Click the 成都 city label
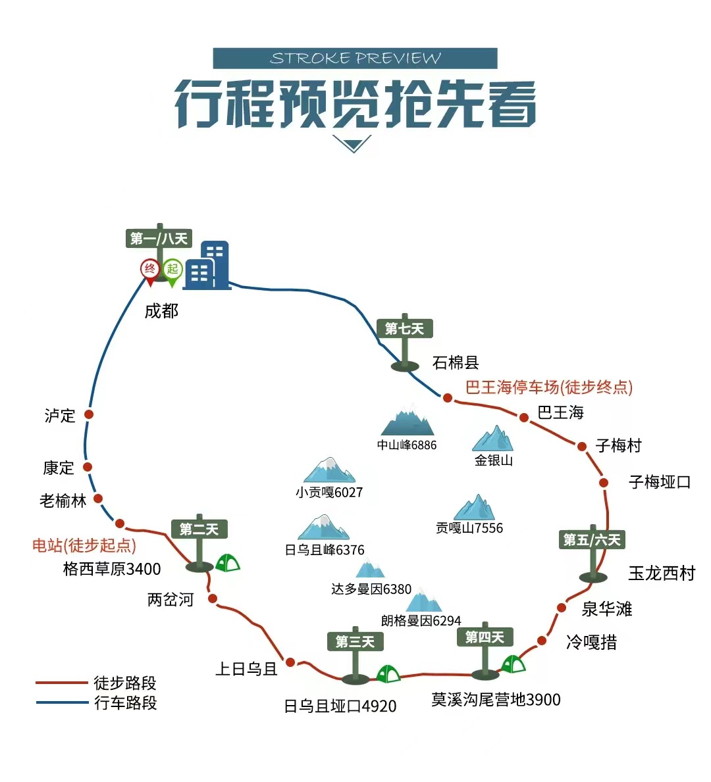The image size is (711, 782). tap(161, 310)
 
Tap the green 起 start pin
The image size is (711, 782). tap(172, 270)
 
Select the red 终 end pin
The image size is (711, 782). tap(150, 270)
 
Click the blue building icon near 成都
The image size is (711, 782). tap(207, 266)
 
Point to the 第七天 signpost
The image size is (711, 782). tap(404, 329)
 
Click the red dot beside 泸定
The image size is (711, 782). tap(89, 414)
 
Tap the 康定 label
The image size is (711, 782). tap(59, 468)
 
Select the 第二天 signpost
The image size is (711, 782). tap(199, 529)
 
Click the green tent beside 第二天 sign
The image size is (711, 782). tap(227, 562)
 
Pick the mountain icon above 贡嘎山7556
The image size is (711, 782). tap(475, 508)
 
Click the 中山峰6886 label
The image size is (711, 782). tap(407, 445)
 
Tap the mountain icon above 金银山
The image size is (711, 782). tap(493, 439)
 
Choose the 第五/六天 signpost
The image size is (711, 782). tap(592, 540)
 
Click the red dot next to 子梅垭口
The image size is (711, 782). tap(604, 482)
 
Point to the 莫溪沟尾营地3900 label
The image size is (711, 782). tap(496, 699)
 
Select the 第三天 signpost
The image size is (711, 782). tap(355, 641)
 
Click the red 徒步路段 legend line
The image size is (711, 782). tap(62, 683)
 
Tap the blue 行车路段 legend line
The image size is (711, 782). tap(62, 702)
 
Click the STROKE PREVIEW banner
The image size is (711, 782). tap(355, 59)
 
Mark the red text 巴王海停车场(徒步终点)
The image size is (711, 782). tap(548, 387)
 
